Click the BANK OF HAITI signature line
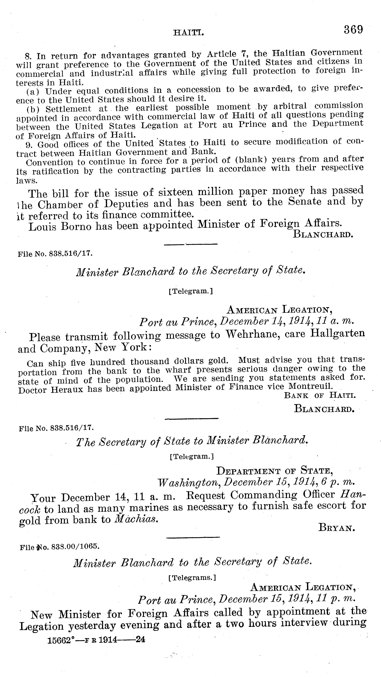(320, 396)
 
